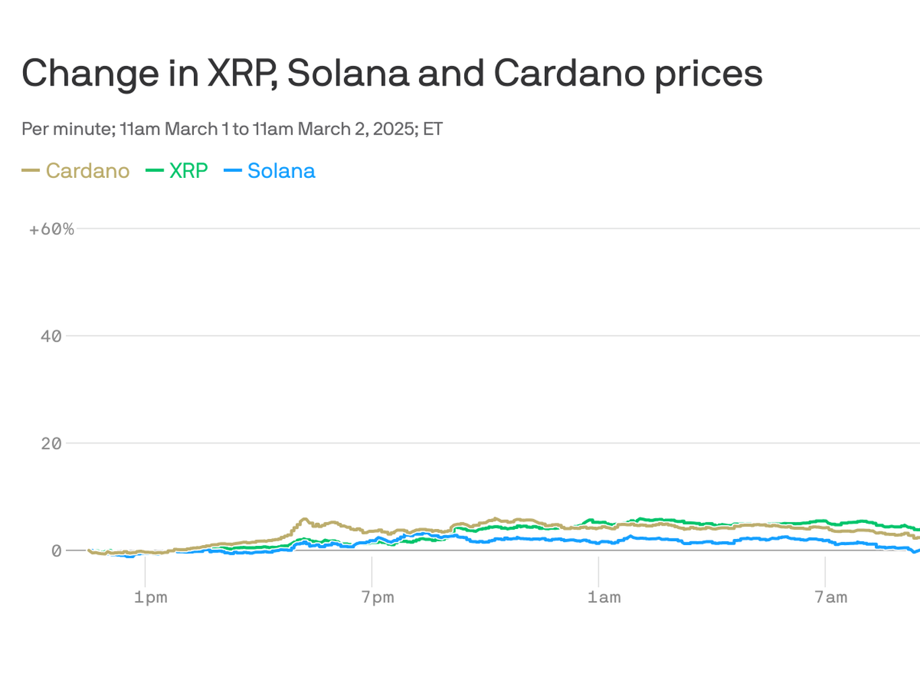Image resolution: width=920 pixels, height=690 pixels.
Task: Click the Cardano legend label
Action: [88, 171]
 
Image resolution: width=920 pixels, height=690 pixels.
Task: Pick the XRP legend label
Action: [189, 171]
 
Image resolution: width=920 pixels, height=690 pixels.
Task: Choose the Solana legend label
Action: [281, 171]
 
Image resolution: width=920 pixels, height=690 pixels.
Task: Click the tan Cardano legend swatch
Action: [31, 171]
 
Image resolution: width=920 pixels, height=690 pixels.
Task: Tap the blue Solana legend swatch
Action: [232, 171]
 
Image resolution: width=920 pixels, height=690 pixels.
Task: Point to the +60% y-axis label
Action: [51, 229]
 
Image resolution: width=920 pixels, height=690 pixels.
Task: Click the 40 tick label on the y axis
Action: [51, 336]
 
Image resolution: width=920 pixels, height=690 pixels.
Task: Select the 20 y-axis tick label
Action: [51, 443]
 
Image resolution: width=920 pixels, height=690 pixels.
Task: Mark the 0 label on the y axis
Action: [57, 551]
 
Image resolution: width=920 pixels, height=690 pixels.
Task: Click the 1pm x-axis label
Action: [150, 597]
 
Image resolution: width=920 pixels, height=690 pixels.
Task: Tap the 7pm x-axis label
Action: [377, 597]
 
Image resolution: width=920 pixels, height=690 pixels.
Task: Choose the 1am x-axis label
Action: [604, 597]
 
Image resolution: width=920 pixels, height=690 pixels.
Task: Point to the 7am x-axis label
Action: [831, 597]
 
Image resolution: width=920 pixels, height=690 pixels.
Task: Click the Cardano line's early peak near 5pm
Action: [304, 520]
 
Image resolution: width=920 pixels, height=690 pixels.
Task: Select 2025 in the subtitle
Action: [394, 129]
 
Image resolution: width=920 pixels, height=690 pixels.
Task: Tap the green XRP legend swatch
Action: [155, 171]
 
